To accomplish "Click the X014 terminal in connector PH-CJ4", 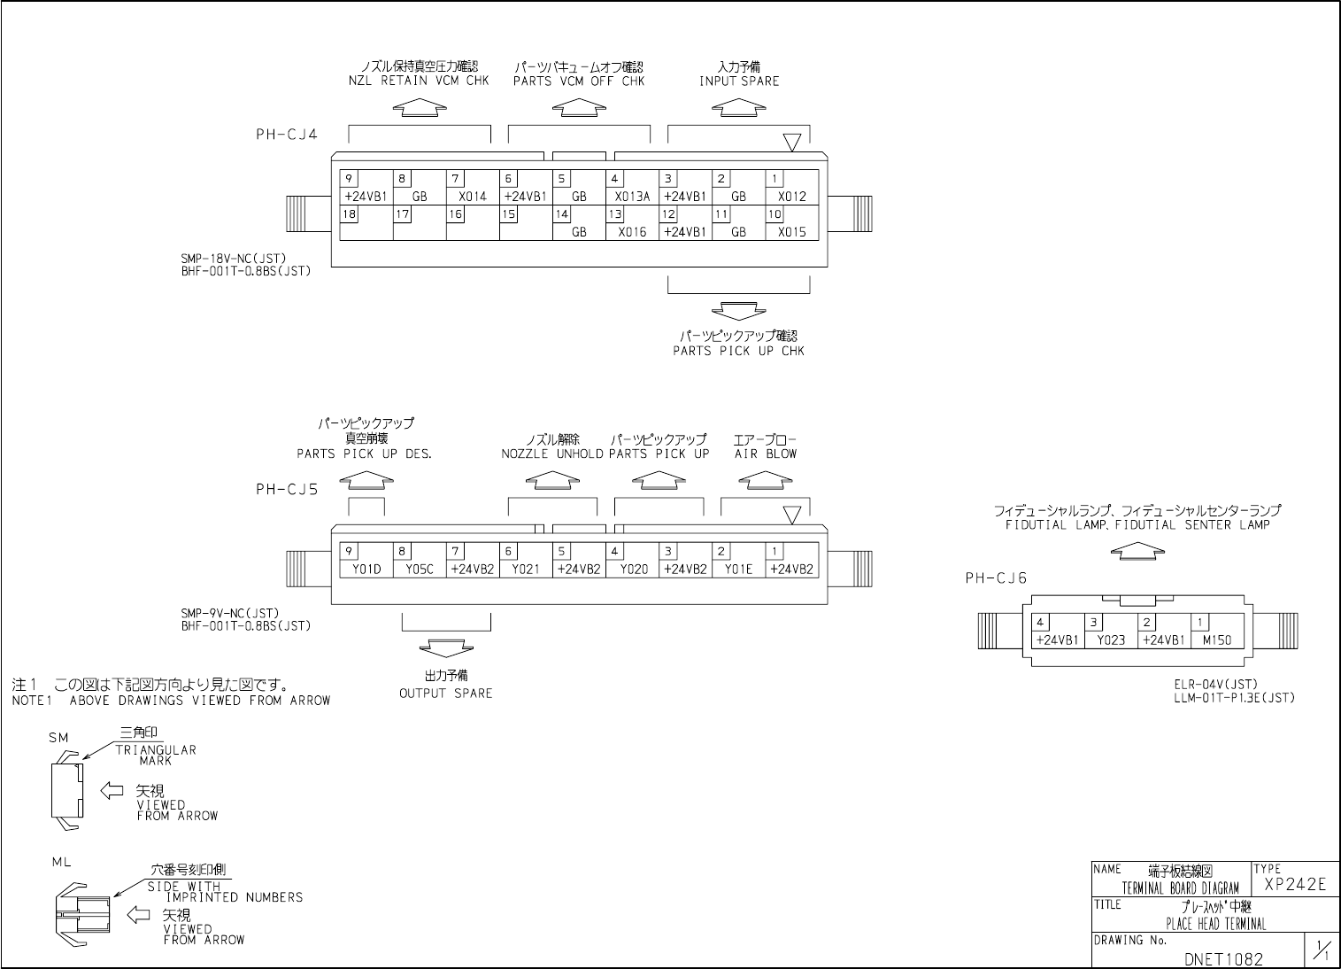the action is coord(473,197).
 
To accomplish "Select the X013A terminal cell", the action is coord(632,197).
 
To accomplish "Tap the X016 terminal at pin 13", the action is coord(632,232).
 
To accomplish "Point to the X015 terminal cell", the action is coord(791,232).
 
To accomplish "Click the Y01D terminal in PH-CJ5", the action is coord(366,570).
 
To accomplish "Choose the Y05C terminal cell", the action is coord(420,570).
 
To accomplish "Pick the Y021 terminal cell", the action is coord(526,570).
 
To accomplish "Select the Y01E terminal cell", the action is coord(738,570).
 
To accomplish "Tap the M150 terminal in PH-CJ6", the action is coord(1217,640).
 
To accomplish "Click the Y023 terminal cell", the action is coord(1111,640).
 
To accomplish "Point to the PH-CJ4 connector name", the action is coord(286,135).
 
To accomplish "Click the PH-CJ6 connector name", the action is coord(996,578).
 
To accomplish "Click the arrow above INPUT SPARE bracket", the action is coord(739,107).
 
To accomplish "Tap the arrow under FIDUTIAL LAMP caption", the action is coord(1137,551).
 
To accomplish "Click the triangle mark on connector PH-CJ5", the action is coord(792,515).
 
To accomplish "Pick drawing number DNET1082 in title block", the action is coord(1223,958).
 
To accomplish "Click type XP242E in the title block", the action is coord(1295,884).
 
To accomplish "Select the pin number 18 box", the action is coord(349,214).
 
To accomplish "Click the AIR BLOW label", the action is coord(766,454).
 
